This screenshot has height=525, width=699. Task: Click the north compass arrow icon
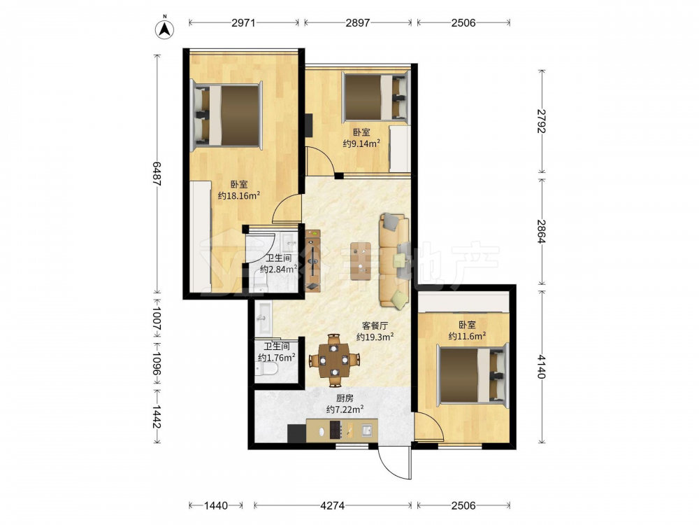click(164, 29)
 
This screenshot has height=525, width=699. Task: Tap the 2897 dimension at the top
click(357, 22)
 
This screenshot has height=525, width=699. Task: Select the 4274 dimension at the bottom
click(333, 506)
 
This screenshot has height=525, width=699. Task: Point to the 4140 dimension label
click(542, 367)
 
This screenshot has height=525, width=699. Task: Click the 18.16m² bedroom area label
click(239, 195)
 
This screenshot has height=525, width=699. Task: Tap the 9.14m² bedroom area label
click(361, 143)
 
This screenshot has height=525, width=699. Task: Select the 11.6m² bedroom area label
click(467, 336)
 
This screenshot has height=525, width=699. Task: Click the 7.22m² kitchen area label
click(345, 409)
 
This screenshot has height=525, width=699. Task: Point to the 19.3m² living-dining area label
click(375, 337)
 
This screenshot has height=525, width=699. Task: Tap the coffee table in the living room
click(361, 261)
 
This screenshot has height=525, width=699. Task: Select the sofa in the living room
click(394, 261)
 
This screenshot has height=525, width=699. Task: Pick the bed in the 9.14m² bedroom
click(375, 98)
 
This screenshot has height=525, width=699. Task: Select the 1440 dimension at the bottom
click(216, 506)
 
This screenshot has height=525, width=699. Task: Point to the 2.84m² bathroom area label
click(279, 269)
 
